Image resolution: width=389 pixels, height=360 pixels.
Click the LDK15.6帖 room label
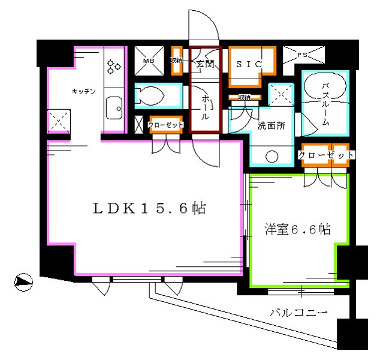(149, 209)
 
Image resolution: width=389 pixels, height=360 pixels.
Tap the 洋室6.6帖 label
(298, 229)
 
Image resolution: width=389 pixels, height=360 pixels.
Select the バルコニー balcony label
(298, 313)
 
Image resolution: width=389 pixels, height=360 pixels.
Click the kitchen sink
(113, 109)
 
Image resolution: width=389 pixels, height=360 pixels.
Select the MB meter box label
(149, 61)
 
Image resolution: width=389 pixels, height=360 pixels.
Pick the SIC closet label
(246, 62)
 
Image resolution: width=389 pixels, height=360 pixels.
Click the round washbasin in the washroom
(273, 157)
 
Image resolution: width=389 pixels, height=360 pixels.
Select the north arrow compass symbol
(23, 280)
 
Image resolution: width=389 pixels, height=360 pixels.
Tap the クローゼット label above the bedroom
(325, 155)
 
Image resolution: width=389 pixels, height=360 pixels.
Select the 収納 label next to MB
(176, 61)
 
